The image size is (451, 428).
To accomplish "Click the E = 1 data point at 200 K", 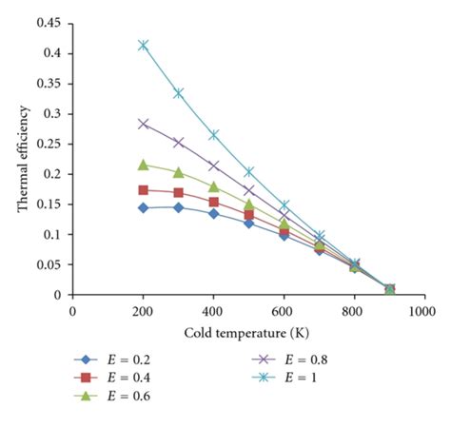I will click(x=144, y=45).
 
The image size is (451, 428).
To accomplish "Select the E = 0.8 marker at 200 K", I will click(x=144, y=124).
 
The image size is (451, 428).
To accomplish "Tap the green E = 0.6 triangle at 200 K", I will click(x=144, y=165).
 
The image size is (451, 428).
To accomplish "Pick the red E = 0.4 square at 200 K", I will click(x=144, y=190).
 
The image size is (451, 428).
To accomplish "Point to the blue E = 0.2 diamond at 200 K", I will click(x=144, y=207).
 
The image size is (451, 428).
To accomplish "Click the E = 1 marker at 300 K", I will click(x=179, y=93).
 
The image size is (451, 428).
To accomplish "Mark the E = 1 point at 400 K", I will click(x=214, y=135).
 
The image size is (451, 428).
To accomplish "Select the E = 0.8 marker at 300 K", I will click(x=179, y=143).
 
